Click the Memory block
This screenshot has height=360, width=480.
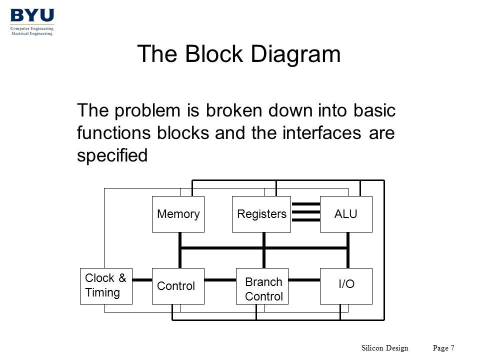coord(178,214)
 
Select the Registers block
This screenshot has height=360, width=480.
coord(261,214)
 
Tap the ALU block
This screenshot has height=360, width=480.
coord(346,214)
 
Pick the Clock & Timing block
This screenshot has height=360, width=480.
coord(106,286)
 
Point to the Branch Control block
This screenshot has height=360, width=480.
coord(262,286)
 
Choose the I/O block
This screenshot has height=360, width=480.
coord(346,286)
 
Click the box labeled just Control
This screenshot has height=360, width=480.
coord(178,286)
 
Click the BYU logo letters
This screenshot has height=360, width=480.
coord(32,15)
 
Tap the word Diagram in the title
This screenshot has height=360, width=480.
coord(295,54)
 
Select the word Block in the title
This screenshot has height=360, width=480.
coord(214,54)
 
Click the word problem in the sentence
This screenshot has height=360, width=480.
coord(147,110)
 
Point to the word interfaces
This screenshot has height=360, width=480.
coord(321,133)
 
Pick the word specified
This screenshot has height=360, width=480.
coord(112,155)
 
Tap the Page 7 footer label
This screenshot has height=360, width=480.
coord(443,348)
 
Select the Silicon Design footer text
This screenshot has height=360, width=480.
coord(385,348)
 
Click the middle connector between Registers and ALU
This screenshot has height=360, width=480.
coord(305,212)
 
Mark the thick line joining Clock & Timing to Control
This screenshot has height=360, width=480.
coord(142,280)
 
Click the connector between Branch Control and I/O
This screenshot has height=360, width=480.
coord(304,280)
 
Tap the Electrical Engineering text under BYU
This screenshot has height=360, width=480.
coord(32,33)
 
